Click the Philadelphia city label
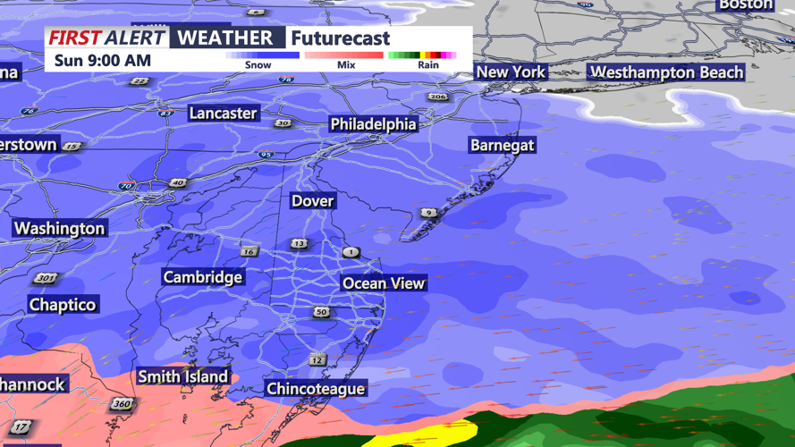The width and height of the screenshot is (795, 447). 373,124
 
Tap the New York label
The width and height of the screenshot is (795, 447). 511,72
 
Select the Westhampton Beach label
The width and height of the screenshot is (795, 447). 666,72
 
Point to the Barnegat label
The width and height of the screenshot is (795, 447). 503,145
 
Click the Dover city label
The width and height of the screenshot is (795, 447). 312,201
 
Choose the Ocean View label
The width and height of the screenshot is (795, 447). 384,283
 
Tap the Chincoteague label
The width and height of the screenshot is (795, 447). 316,389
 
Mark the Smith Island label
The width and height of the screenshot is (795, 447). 182,376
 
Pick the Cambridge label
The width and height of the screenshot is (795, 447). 202,277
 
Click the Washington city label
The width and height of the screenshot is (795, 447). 60,229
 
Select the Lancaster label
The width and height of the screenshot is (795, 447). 223,114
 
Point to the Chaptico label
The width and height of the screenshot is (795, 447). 63,305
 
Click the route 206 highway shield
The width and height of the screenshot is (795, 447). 437,97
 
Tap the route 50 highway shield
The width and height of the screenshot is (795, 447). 321,312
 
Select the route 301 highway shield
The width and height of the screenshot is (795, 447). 45,279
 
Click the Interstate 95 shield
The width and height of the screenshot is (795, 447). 266,155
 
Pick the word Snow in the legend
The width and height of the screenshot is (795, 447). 258,65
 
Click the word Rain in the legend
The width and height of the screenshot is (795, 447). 428,65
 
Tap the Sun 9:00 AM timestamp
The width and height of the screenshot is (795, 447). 102,61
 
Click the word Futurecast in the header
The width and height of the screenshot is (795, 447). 341,38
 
